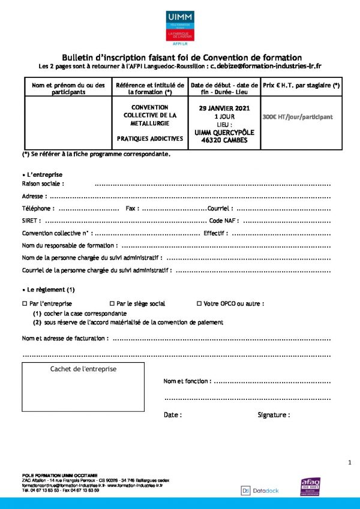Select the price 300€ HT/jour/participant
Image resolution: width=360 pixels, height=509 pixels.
coord(298,117)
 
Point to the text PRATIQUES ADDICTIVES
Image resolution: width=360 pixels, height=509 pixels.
coord(150,138)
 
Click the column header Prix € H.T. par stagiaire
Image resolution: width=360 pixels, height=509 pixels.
coord(301,86)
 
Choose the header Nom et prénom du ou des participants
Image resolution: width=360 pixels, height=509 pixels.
coord(69,89)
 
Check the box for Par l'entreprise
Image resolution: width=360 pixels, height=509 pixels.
coord(25,304)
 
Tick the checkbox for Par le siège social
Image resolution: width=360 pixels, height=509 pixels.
coord(112,304)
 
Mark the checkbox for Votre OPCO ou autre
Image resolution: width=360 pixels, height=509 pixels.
coord(199,304)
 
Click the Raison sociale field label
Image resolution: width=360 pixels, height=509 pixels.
coord(43,183)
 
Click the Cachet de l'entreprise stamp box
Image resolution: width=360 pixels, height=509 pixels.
coord(83,387)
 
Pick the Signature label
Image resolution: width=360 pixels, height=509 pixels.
coord(274,415)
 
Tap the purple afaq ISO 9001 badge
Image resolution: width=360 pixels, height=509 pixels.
coord(311,487)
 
